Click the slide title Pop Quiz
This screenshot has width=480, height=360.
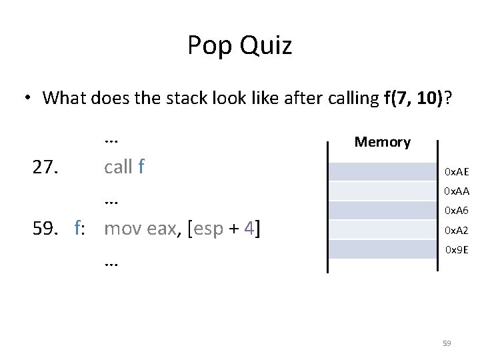(239, 46)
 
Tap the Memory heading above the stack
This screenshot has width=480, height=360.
(382, 142)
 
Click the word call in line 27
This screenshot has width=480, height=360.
(119, 167)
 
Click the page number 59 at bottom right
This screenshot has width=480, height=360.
(447, 343)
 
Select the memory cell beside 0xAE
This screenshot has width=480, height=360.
(383, 172)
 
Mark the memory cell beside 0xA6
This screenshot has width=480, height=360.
(383, 211)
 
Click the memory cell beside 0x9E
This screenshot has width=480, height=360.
(383, 250)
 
